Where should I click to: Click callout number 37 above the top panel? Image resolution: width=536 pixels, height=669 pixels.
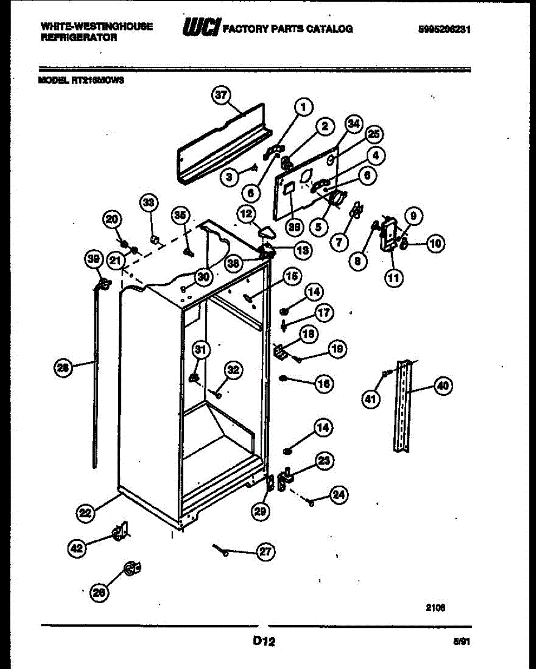point(222,95)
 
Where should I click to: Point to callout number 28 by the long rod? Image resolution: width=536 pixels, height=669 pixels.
point(64,367)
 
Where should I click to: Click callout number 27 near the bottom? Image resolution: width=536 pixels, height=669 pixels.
point(266,552)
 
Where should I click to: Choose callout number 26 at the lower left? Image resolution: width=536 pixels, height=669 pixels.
point(99,594)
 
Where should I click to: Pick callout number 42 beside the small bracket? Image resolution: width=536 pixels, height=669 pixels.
point(77,549)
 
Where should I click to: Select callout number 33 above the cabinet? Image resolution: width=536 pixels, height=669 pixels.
point(148,203)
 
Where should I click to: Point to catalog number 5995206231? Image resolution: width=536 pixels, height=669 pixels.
point(448,30)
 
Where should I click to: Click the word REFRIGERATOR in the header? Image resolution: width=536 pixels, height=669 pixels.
point(79,38)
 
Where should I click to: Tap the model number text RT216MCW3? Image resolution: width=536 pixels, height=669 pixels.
point(98,80)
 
